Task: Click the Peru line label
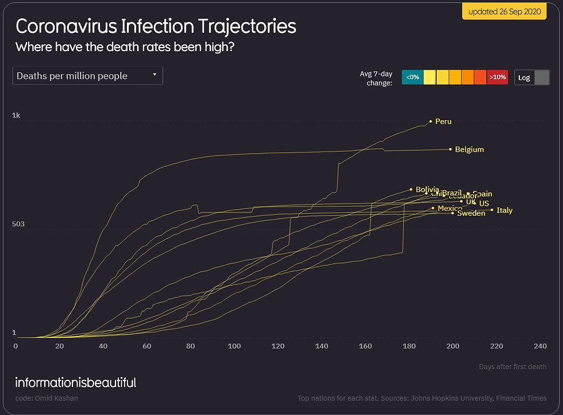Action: click(444, 122)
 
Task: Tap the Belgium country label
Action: click(469, 149)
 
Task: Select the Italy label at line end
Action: click(504, 210)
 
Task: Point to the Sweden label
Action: click(471, 213)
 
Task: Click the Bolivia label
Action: click(427, 190)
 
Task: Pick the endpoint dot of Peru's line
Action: click(431, 121)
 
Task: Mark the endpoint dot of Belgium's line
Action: click(450, 149)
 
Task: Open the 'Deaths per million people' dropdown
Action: click(88, 76)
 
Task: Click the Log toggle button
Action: click(532, 77)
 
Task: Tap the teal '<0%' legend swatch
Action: click(412, 77)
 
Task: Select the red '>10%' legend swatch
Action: click(498, 77)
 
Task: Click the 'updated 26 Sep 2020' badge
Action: click(504, 11)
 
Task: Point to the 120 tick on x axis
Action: click(278, 346)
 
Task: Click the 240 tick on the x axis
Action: click(540, 346)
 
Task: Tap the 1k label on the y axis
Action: click(16, 116)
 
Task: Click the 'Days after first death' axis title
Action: click(512, 367)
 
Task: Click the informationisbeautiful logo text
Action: click(76, 382)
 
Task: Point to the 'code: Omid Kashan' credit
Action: click(47, 398)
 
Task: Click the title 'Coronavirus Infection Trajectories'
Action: click(156, 26)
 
